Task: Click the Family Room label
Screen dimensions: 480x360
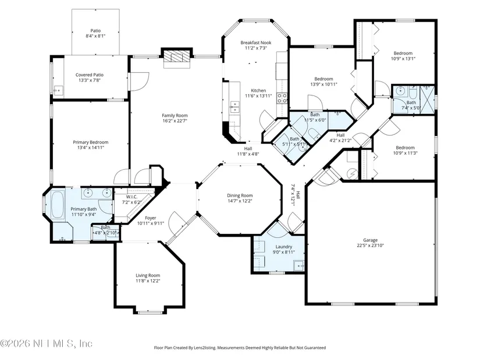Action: [x=175, y=115]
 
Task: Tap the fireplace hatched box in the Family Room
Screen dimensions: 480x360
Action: [x=176, y=56]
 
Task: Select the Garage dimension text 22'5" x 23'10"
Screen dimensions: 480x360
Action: [x=370, y=245]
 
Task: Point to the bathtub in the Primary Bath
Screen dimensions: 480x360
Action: [x=58, y=204]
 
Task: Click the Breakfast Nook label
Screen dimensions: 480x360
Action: [x=256, y=42]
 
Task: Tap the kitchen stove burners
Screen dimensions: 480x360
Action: [x=282, y=98]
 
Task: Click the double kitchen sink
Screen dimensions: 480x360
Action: [x=234, y=107]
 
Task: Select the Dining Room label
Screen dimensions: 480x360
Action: [x=240, y=195]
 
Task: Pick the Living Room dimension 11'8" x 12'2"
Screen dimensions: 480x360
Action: [x=148, y=281]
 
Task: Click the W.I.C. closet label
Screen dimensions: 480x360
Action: [x=131, y=197]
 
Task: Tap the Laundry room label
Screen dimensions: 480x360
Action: [x=284, y=247]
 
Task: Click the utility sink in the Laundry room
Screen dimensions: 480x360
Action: [x=299, y=266]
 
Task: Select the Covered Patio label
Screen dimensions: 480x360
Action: [x=90, y=74]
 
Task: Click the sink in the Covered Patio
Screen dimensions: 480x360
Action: [x=58, y=91]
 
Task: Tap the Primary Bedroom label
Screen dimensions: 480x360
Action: [x=91, y=142]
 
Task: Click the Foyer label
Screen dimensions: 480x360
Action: [x=150, y=218]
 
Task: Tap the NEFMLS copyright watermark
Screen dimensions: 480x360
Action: [x=46, y=344]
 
